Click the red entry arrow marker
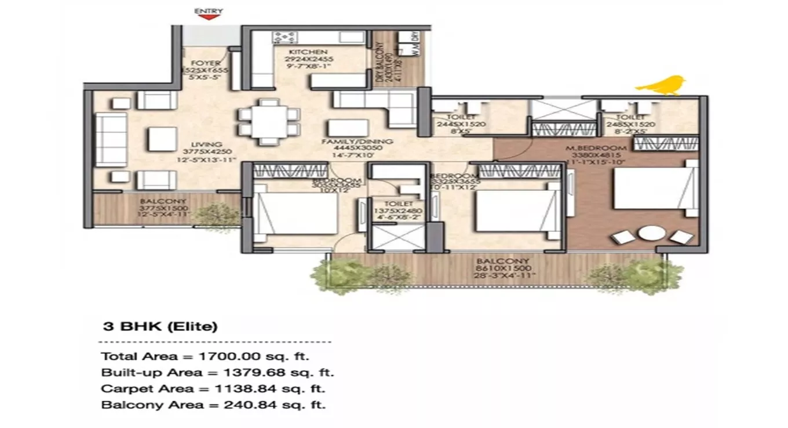(x=209, y=17)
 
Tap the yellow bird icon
(x=661, y=85)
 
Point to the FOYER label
(x=206, y=63)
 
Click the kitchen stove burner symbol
(x=285, y=38)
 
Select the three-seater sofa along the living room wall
(x=111, y=140)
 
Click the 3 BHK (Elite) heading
(x=160, y=327)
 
